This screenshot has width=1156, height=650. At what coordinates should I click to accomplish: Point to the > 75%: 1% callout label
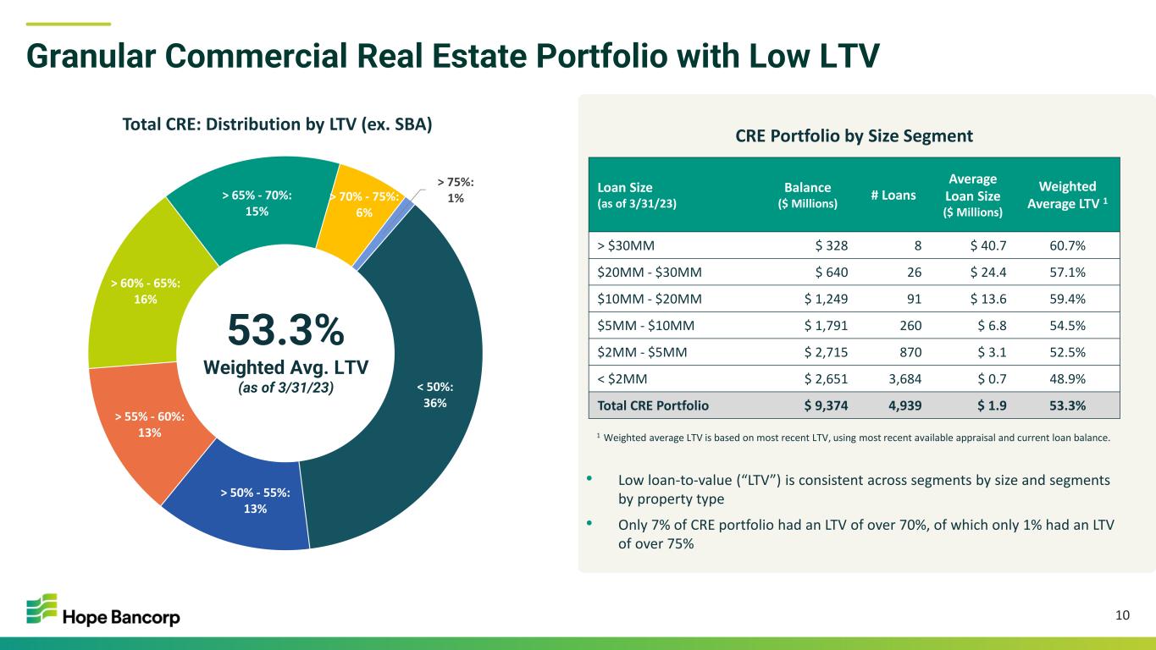[455, 190]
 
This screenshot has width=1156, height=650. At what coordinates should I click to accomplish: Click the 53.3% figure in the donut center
[285, 330]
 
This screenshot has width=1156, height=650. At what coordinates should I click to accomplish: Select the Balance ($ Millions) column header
[808, 195]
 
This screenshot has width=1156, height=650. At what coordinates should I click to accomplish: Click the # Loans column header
[893, 195]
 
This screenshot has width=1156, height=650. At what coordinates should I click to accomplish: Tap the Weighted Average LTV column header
[1067, 195]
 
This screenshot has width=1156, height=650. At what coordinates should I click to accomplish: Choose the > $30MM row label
[626, 245]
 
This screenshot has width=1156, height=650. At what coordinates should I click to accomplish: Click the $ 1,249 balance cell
[826, 299]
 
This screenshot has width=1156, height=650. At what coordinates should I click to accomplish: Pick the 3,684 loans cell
[904, 379]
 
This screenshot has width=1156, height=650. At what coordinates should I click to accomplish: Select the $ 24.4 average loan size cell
[988, 273]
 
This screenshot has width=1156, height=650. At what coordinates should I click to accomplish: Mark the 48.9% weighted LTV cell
[1067, 379]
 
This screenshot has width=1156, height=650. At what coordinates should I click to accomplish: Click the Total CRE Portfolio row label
[653, 405]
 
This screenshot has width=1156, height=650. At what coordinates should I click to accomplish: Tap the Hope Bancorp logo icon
[41, 609]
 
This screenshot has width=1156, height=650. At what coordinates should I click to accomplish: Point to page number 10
[1122, 615]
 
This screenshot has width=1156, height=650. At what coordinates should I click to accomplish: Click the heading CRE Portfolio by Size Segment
[854, 135]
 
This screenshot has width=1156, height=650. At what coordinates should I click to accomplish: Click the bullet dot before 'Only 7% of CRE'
[589, 523]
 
